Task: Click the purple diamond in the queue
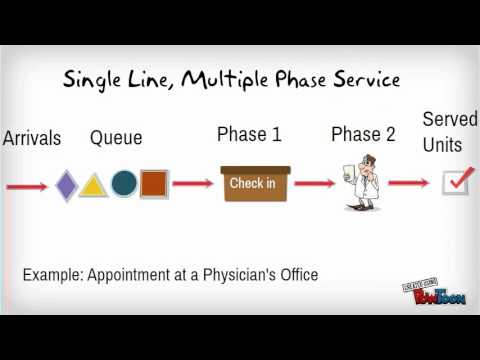point(66,185)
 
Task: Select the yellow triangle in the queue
point(93,185)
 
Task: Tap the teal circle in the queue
point(124,183)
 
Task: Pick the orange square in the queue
point(154,184)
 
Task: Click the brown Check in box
point(256,183)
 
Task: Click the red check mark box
point(457,182)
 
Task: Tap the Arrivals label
point(31,138)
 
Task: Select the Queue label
point(116,138)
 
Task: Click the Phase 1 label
point(249,135)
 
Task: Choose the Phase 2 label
point(364,135)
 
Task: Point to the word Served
point(450,120)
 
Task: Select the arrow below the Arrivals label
point(28,186)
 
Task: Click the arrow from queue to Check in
point(193,184)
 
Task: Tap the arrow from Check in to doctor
point(313,184)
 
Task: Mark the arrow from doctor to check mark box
point(409,183)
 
